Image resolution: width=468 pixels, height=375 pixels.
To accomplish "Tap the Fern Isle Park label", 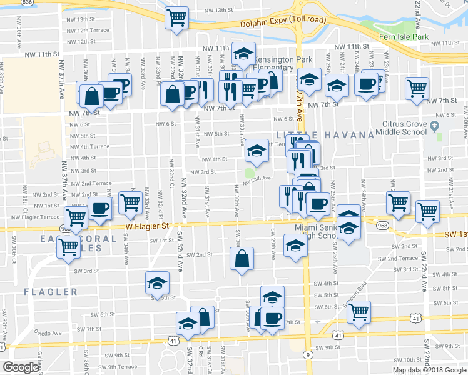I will point(404,37).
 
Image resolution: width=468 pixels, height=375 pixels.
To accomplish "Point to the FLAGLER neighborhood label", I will point(51,292).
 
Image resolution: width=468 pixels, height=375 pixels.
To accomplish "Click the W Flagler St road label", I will point(148,226).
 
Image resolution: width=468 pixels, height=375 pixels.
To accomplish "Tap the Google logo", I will point(21,367).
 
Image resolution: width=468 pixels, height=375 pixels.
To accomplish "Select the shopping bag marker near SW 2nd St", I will point(242,258).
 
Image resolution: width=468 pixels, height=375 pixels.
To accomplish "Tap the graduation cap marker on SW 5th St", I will point(158,283).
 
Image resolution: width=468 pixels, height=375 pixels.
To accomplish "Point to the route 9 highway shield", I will point(308,354).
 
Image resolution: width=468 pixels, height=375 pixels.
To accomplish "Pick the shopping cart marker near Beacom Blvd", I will point(359,312).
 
